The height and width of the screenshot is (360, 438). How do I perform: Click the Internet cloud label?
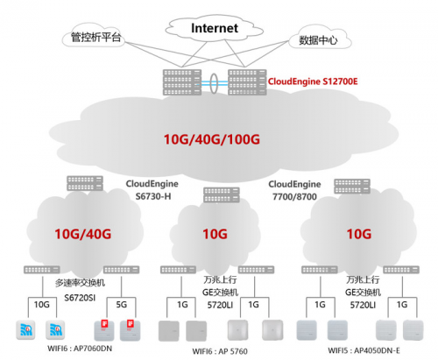[x=215, y=28]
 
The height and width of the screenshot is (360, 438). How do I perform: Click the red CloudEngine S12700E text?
[x=313, y=81]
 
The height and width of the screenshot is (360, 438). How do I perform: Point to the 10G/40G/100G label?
[x=212, y=139]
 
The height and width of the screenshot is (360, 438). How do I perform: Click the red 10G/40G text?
[x=83, y=234]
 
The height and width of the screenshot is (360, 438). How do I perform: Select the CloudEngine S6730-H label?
[x=152, y=190]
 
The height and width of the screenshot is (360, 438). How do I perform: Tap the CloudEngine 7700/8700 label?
[x=294, y=190]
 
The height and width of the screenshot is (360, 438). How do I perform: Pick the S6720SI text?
[x=80, y=298]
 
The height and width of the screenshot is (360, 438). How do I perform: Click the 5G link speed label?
[x=121, y=305]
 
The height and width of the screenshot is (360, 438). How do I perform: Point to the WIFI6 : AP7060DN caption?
[x=80, y=349]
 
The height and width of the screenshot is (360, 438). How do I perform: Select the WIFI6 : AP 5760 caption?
[x=220, y=351]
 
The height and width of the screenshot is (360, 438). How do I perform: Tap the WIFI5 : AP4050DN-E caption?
[x=364, y=350]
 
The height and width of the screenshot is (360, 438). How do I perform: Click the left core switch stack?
[x=182, y=82]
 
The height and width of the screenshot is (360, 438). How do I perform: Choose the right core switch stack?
[x=247, y=82]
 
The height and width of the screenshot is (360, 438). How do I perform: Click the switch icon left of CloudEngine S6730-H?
[x=85, y=183]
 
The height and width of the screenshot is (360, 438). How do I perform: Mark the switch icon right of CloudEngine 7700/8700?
[x=352, y=187]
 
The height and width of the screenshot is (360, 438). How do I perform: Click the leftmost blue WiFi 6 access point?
[x=25, y=330]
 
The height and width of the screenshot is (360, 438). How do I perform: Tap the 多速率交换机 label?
[x=80, y=283]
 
